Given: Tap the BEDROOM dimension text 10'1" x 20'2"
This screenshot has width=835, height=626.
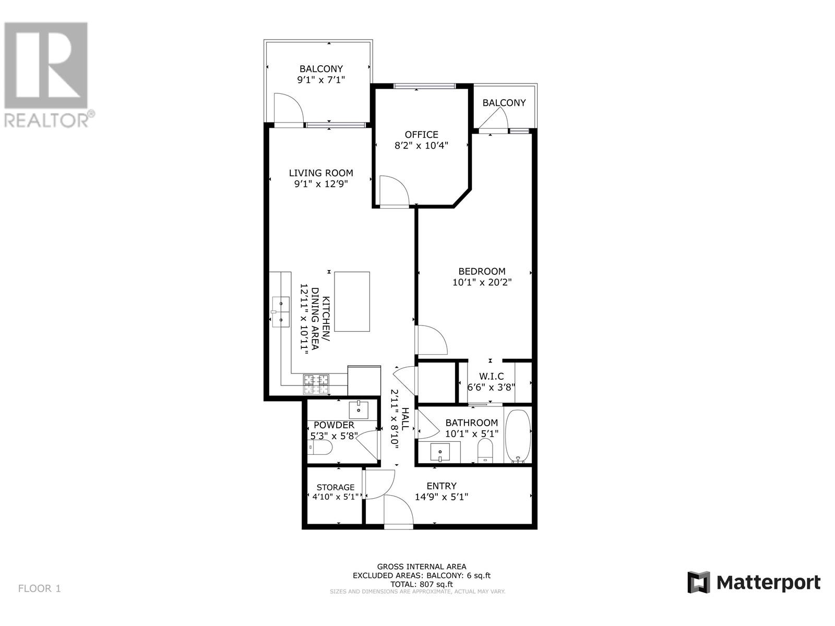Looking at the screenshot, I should [x=482, y=283].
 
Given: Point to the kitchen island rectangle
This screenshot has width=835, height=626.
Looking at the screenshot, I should [x=352, y=302].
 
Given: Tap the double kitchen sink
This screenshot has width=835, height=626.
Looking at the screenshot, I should [x=281, y=311].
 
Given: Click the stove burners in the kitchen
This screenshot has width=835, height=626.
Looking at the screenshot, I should [x=316, y=384].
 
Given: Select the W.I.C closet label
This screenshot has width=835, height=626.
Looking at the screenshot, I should [x=491, y=376].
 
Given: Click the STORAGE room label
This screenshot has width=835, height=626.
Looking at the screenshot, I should [x=335, y=487].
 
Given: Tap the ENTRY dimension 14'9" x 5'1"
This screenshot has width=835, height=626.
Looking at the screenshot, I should [x=441, y=497].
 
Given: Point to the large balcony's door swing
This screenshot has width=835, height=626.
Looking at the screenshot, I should [x=289, y=109].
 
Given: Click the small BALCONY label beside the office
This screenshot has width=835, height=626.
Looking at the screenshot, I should [x=504, y=103].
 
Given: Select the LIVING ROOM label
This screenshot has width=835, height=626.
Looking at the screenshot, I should [x=321, y=173].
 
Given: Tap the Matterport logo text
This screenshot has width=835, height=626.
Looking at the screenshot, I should [x=768, y=582].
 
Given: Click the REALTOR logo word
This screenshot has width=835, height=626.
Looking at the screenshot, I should [x=47, y=120].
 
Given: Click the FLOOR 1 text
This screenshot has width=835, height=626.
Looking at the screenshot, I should [x=40, y=588].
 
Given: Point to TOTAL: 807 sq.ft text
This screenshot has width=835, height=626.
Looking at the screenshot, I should [x=421, y=584].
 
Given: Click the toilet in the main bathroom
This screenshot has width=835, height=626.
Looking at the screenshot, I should [x=485, y=450].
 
